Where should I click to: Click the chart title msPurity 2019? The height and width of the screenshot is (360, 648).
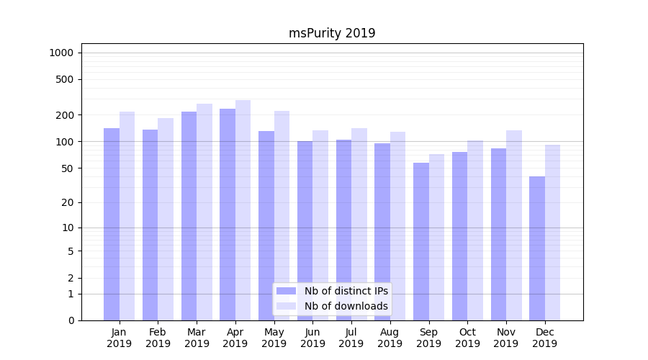pos(332,33)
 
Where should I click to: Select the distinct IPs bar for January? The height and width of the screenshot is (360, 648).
pos(112,224)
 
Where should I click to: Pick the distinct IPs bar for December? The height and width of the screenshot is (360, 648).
pos(537,248)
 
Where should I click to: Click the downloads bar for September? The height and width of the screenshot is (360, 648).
pos(436,237)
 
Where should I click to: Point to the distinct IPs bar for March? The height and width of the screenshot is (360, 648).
pos(189,216)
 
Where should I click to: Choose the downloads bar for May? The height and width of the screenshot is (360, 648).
pos(282,215)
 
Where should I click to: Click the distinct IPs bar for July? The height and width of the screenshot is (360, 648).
pos(343,230)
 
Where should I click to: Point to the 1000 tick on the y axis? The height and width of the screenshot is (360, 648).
pos(61,53)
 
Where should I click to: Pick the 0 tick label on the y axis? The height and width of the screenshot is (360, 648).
pos(71,320)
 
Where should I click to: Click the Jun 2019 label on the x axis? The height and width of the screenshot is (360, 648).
pos(312,338)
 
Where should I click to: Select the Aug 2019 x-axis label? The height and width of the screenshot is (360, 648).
pos(390,338)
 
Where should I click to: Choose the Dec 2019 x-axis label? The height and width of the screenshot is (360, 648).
pos(544,338)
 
